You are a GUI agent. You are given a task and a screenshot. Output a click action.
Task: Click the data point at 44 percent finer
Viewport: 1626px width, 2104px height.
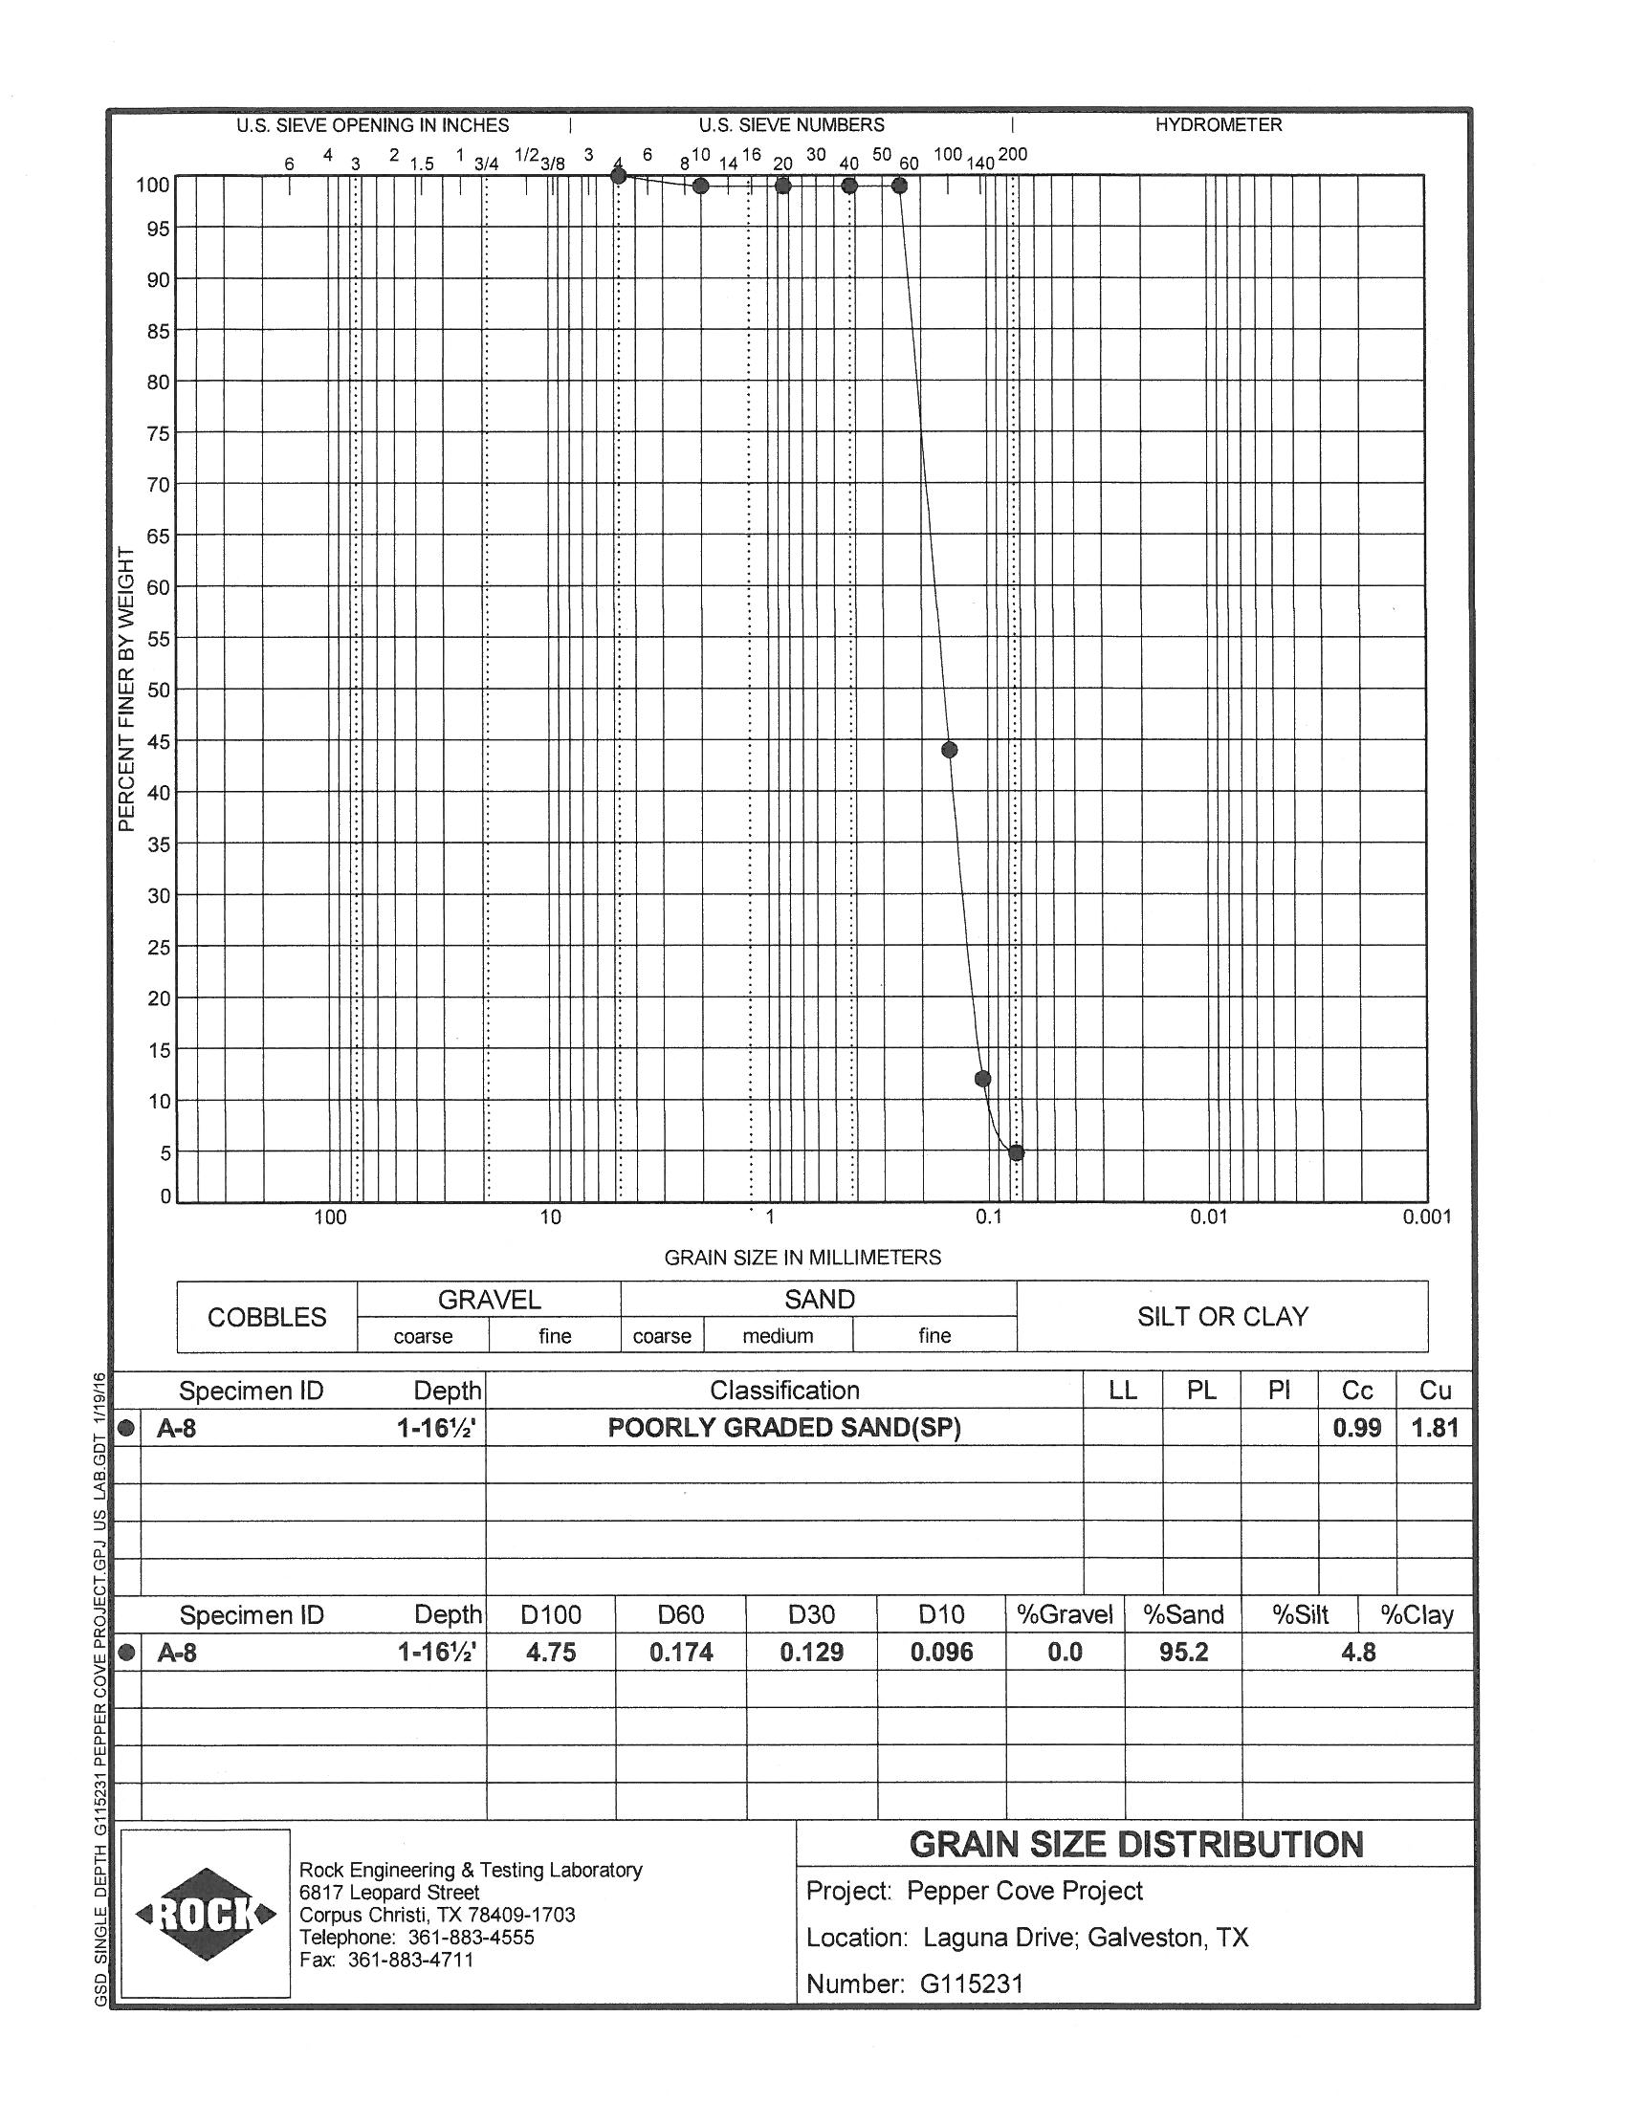949,750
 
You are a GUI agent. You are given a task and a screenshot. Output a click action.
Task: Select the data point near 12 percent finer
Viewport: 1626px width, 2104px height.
982,1078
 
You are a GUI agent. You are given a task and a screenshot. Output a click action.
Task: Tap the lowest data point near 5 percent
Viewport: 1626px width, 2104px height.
1015,1152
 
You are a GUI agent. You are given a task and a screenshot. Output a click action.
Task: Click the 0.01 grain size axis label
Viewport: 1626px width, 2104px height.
1208,1216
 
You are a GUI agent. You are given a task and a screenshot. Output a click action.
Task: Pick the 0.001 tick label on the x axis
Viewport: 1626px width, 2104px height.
1426,1216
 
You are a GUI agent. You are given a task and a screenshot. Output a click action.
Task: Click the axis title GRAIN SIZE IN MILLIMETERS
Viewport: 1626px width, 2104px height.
802,1258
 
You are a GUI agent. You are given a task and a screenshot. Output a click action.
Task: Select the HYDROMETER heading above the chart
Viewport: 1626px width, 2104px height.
1218,125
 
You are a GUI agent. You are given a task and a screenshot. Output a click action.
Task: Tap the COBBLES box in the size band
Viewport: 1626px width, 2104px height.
267,1317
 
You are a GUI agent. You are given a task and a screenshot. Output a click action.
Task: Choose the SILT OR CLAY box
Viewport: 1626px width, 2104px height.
1222,1316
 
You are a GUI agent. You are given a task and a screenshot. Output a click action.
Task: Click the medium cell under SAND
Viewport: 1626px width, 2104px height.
778,1335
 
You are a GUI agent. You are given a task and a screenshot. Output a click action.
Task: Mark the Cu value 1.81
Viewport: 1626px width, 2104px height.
1435,1427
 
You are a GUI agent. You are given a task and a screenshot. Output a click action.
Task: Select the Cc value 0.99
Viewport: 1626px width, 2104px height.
1356,1427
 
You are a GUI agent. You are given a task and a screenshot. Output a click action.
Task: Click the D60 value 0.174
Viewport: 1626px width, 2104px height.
681,1653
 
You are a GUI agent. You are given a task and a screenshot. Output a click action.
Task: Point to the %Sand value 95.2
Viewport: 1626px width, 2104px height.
1183,1653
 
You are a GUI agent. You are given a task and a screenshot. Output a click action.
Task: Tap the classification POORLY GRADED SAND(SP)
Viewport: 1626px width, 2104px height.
784,1427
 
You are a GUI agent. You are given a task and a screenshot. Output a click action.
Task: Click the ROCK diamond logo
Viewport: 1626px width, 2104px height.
207,1915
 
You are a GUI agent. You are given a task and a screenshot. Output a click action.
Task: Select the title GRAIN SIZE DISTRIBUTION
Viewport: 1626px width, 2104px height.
1135,1844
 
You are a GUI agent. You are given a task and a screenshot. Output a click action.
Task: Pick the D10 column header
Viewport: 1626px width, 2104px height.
941,1614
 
